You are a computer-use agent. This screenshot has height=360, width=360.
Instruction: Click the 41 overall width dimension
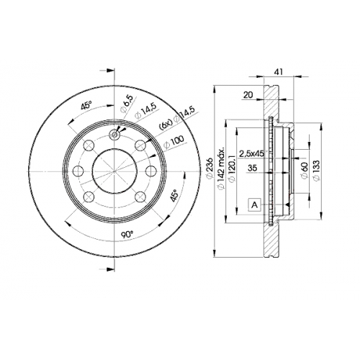(279, 71)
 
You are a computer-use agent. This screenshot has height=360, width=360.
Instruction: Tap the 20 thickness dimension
(248, 95)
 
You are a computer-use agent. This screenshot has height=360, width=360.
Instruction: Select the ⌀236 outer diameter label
(210, 168)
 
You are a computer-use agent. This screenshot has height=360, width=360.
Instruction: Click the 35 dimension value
(252, 168)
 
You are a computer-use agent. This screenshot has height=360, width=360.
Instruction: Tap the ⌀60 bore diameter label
(304, 171)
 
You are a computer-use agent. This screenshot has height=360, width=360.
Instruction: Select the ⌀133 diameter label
(316, 171)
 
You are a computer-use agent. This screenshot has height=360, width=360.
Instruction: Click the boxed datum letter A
(255, 205)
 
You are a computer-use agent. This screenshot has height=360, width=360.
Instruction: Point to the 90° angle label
(127, 234)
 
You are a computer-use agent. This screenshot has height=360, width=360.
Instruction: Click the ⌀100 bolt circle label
(174, 142)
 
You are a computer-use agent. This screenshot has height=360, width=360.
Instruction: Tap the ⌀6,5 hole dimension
(127, 104)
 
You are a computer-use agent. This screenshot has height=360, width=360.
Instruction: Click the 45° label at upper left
(86, 106)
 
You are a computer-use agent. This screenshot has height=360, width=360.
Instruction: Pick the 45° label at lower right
(175, 194)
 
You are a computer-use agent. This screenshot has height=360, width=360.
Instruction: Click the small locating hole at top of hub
(114, 135)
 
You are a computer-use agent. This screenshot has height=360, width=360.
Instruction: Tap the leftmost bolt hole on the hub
(78, 171)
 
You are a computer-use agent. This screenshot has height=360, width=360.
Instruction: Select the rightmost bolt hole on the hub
(152, 171)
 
